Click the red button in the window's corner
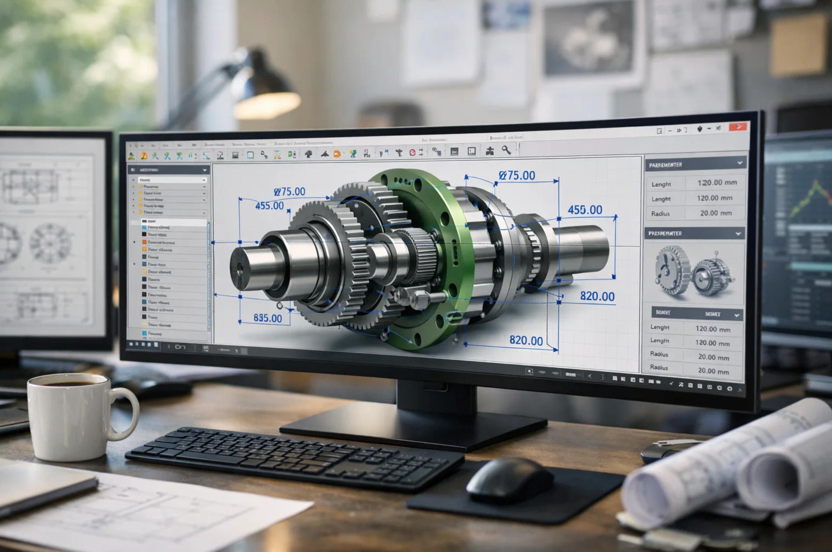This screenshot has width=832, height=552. tap(738, 127)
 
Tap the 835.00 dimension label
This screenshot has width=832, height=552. tap(268, 318)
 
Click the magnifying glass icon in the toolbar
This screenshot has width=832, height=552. tap(506, 150)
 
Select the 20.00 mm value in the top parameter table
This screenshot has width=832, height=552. tap(716, 213)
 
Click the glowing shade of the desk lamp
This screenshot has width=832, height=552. tap(267, 105)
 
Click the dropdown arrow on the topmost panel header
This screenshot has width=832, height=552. tap(739, 163)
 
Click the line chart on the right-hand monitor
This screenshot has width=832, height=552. tap(811, 201)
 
